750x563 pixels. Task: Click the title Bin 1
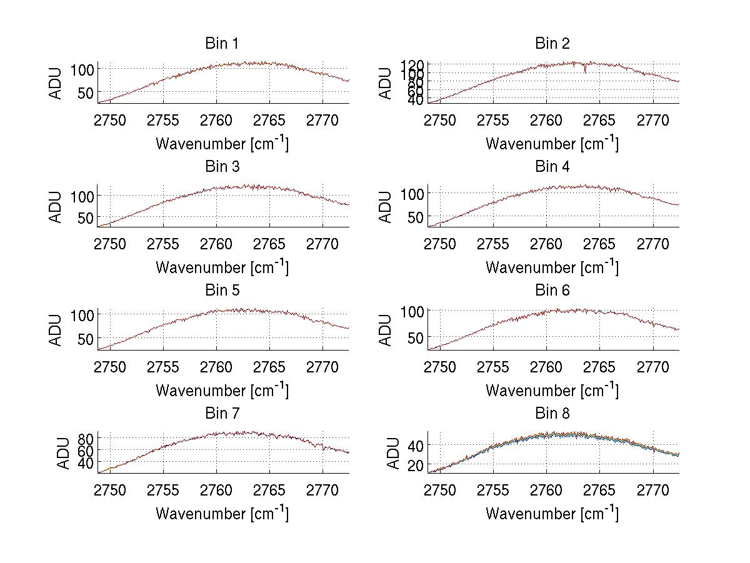222,44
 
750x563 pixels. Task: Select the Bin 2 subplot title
552,44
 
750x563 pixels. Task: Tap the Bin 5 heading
222,291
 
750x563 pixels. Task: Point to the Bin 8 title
552,414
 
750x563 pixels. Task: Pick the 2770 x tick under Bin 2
652,120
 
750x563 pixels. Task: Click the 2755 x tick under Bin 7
164,490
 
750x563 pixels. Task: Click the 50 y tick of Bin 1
86,92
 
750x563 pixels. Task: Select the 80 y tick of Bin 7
86,437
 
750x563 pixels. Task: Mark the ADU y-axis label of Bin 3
56,206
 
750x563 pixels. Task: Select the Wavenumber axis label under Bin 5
222,391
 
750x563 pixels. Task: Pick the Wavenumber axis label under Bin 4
552,267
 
